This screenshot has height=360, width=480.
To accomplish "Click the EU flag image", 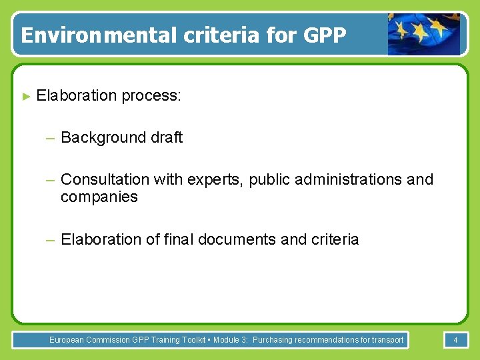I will point(424,33).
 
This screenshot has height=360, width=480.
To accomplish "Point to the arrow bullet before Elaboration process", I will point(27,96).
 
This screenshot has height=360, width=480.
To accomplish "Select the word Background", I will point(101,138).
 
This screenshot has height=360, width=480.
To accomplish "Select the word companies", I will point(99,197).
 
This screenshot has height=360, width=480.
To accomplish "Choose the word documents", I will point(237,239).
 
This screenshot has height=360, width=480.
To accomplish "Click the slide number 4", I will point(455,340).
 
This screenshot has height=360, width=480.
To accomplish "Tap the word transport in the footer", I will point(386,340).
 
